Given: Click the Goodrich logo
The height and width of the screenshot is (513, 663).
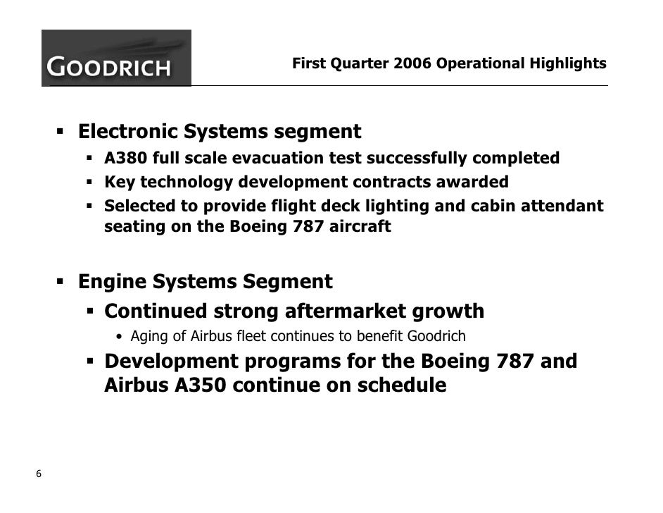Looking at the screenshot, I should pos(116,58).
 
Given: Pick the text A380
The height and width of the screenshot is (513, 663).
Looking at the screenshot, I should pos(122,159).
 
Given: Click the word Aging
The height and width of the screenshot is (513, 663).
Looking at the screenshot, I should pos(149,336).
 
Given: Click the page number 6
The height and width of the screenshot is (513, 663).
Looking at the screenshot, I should pos(39,474).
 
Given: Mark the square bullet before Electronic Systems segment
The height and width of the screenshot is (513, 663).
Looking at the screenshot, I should pos(61,132).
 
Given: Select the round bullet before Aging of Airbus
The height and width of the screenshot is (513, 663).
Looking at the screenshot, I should pos(122,337).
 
